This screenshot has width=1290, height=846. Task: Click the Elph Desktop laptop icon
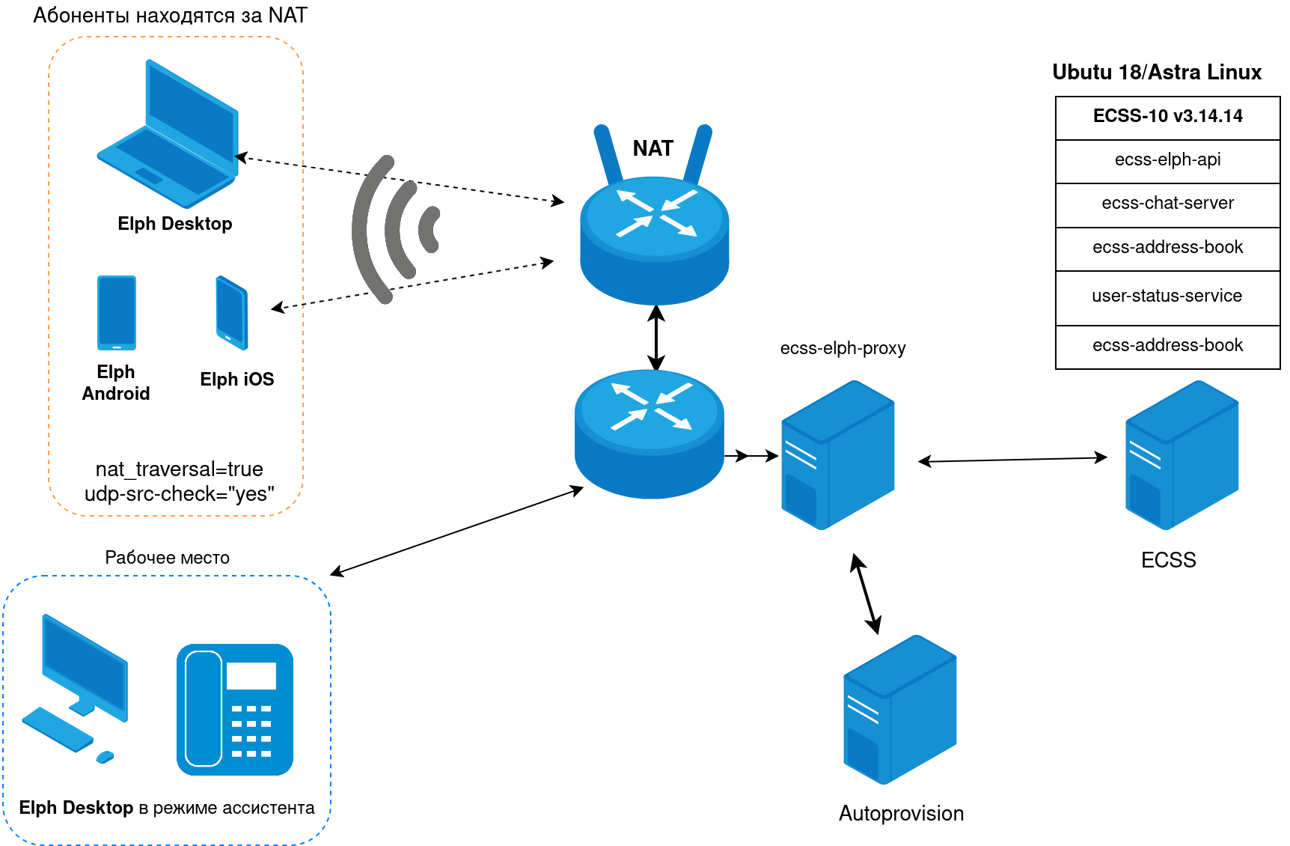click(x=168, y=135)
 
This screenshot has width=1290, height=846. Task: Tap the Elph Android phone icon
click(x=117, y=313)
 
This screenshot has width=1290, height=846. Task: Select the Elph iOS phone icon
click(x=232, y=313)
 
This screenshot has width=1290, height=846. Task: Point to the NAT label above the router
click(x=652, y=148)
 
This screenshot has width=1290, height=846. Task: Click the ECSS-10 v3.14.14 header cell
click(x=1167, y=117)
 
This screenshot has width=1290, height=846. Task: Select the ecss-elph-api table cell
click(x=1167, y=160)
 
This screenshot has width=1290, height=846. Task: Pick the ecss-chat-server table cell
click(x=1167, y=204)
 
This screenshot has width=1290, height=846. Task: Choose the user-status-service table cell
click(x=1167, y=296)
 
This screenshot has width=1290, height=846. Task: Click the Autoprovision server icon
click(x=899, y=710)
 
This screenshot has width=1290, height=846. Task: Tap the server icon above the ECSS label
click(x=1182, y=455)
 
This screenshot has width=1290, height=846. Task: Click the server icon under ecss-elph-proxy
click(x=837, y=455)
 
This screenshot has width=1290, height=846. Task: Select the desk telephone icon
click(x=235, y=710)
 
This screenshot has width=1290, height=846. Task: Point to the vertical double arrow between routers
click(x=656, y=338)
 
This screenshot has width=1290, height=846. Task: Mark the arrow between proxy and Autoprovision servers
click(x=866, y=594)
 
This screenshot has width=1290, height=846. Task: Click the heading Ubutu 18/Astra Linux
click(x=1157, y=73)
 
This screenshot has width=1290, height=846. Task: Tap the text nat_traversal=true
click(x=180, y=469)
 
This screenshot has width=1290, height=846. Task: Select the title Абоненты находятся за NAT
click(x=170, y=16)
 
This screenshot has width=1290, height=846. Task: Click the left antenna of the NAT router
click(x=608, y=154)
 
